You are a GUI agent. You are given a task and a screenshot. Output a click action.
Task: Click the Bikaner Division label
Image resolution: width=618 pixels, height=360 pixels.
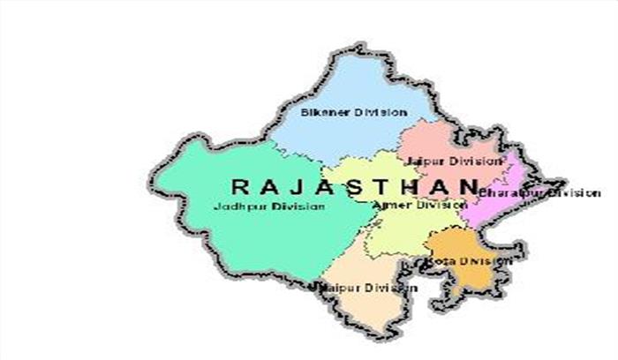[x=353, y=113]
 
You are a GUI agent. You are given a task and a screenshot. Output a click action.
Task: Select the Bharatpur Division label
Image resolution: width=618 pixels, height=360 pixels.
[x=539, y=192]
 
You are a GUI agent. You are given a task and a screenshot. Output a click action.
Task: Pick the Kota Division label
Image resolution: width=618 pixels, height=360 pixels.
[x=470, y=261]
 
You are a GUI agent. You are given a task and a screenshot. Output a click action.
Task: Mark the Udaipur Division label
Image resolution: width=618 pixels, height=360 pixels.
[x=364, y=288]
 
